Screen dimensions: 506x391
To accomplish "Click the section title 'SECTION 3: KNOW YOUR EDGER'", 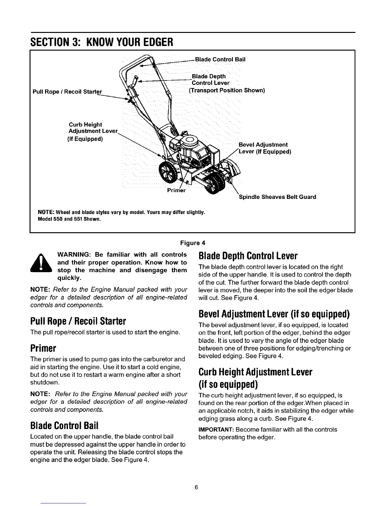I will click(102, 42).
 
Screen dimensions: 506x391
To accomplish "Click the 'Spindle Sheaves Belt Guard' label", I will click(277, 197).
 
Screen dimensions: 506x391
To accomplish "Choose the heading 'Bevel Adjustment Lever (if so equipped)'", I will click(274, 314).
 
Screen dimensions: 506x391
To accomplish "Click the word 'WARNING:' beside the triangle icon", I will click(74, 255).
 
